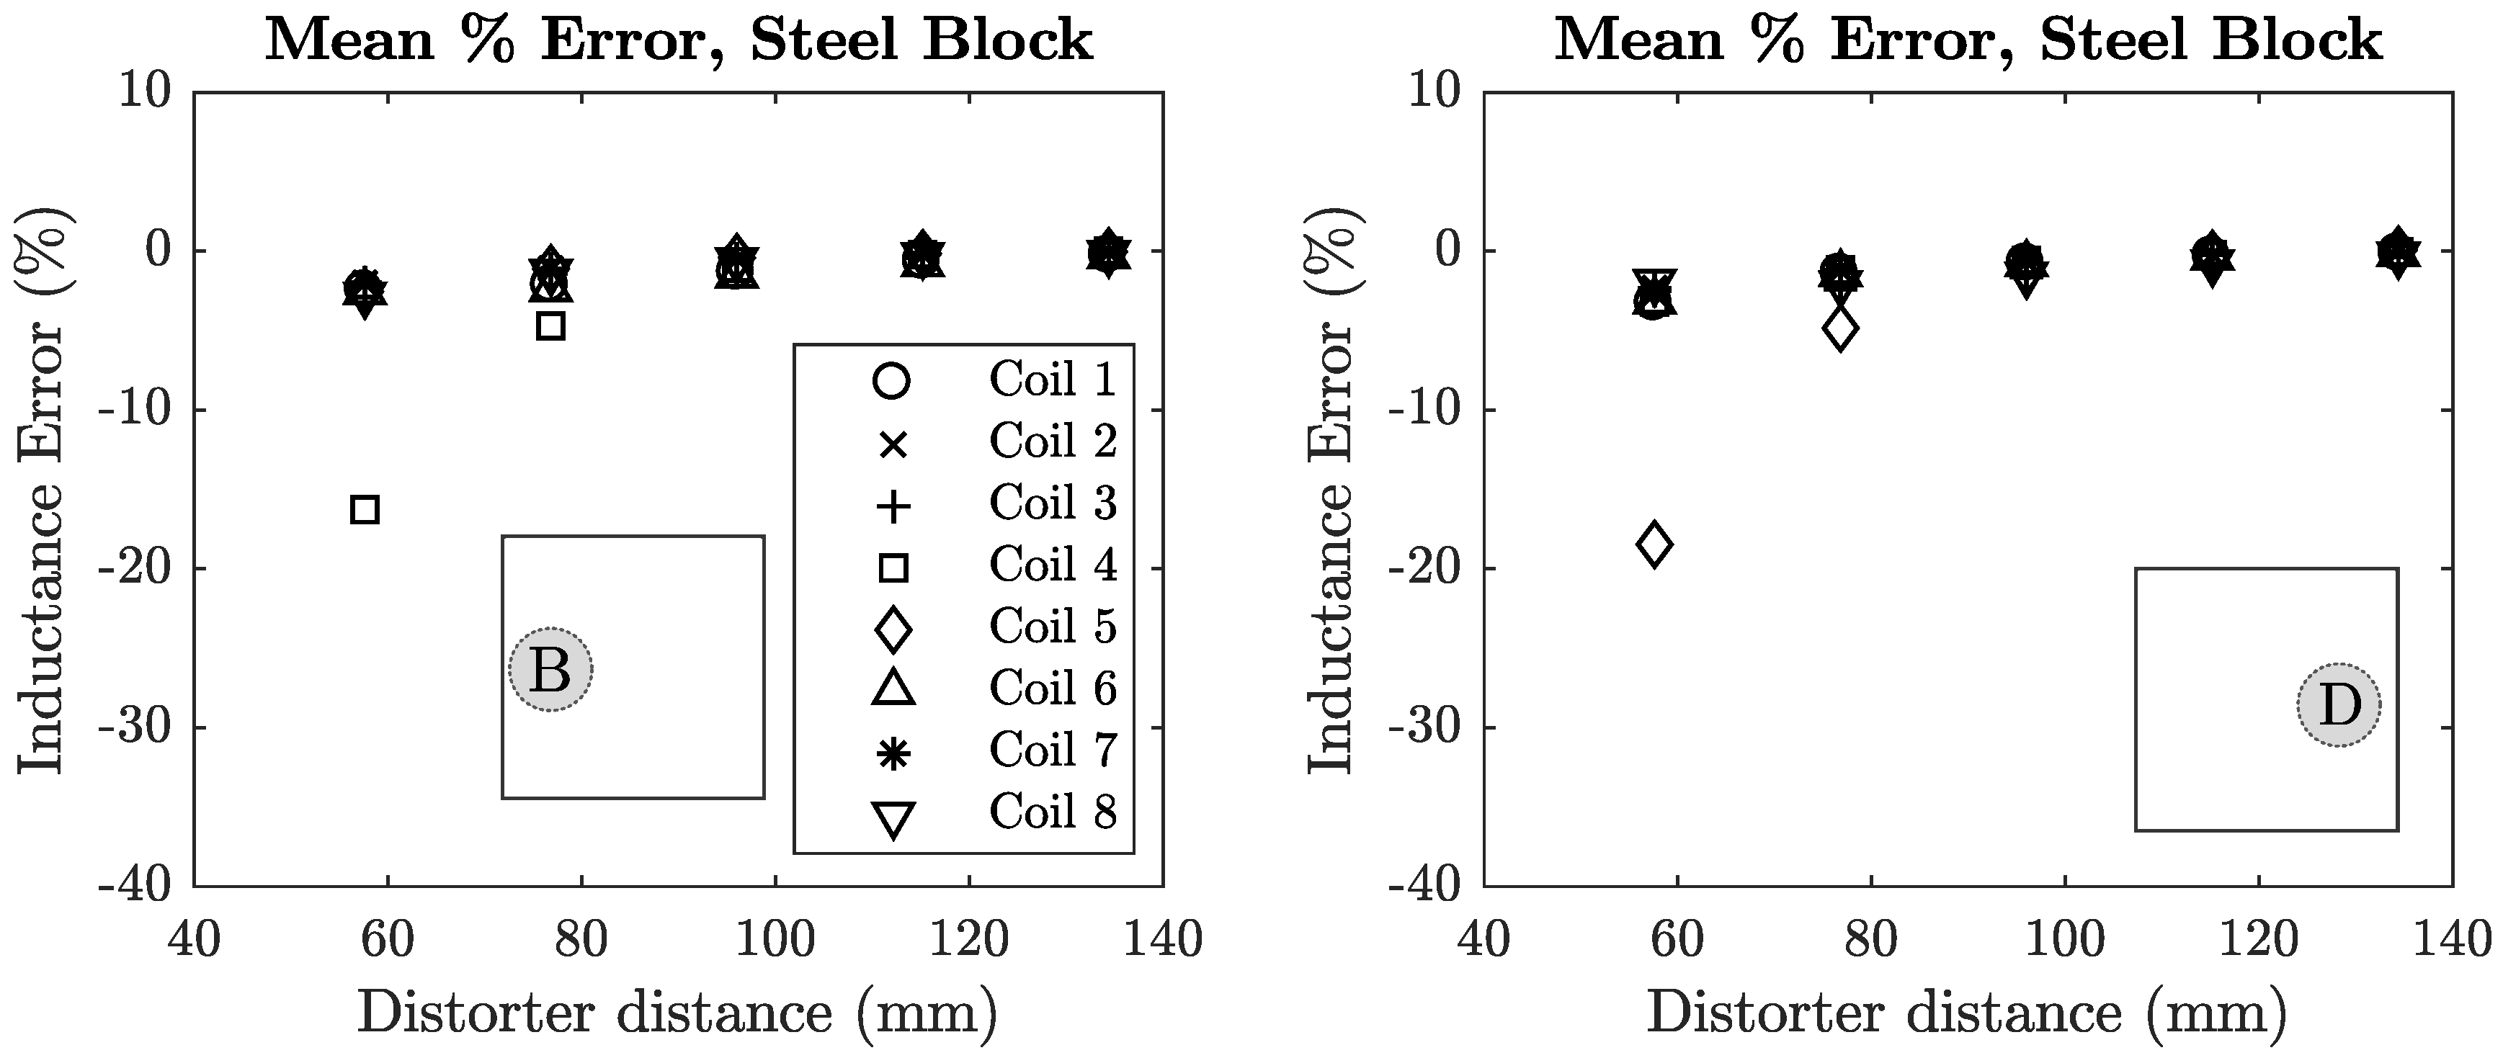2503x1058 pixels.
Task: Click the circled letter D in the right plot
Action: pos(2339,705)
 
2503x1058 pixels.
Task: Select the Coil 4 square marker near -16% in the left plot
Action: pos(365,509)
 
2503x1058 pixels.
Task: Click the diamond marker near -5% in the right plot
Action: pos(1840,329)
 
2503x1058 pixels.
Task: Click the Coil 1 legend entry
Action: pos(1053,380)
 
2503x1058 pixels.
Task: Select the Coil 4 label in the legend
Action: pos(1053,565)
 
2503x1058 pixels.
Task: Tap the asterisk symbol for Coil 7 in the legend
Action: pos(893,753)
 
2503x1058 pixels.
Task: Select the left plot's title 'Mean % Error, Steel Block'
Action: pos(678,41)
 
